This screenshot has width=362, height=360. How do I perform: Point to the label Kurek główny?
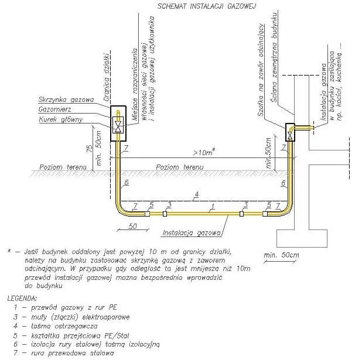pos(61,120)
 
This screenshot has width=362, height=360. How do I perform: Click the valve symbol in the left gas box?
pos(118,125)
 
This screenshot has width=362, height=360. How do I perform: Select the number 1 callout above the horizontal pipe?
pos(214,204)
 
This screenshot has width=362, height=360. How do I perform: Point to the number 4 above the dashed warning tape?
pos(197,193)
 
